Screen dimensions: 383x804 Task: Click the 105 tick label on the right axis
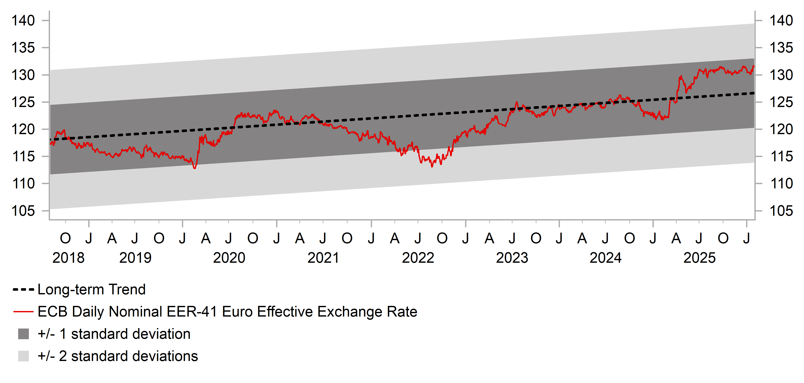tap(781, 211)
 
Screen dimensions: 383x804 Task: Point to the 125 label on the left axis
tap(23, 102)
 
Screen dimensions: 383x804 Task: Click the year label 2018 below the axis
tap(68, 258)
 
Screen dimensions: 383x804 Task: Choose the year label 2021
tap(323, 258)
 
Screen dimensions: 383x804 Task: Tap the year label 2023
tap(512, 258)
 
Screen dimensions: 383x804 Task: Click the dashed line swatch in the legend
tap(24, 290)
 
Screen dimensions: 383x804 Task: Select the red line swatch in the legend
tap(24, 312)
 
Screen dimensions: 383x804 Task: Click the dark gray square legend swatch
tap(24, 334)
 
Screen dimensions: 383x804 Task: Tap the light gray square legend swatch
tap(24, 356)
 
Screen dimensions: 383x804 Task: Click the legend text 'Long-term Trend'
tap(91, 289)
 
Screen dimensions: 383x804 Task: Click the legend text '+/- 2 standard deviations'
tap(118, 356)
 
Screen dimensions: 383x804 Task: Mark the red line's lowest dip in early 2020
tap(195, 168)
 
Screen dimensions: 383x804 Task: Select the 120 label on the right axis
tap(781, 129)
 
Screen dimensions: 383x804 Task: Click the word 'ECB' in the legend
tap(52, 312)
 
